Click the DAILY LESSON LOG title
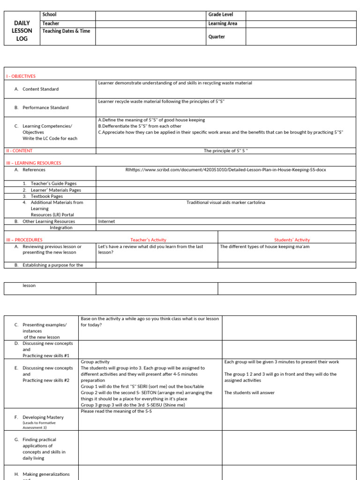22,31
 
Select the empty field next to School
150,15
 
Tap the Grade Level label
220,15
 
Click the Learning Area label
223,23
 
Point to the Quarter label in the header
217,37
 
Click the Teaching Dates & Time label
66,31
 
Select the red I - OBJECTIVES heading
21,76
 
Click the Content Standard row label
40,89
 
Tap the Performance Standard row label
45,107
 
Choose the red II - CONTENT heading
19,151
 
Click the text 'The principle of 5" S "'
225,151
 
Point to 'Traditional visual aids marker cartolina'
225,202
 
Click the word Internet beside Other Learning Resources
106,221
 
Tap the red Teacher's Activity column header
148,240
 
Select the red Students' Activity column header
292,240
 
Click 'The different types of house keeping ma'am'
264,247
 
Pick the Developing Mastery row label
43,417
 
